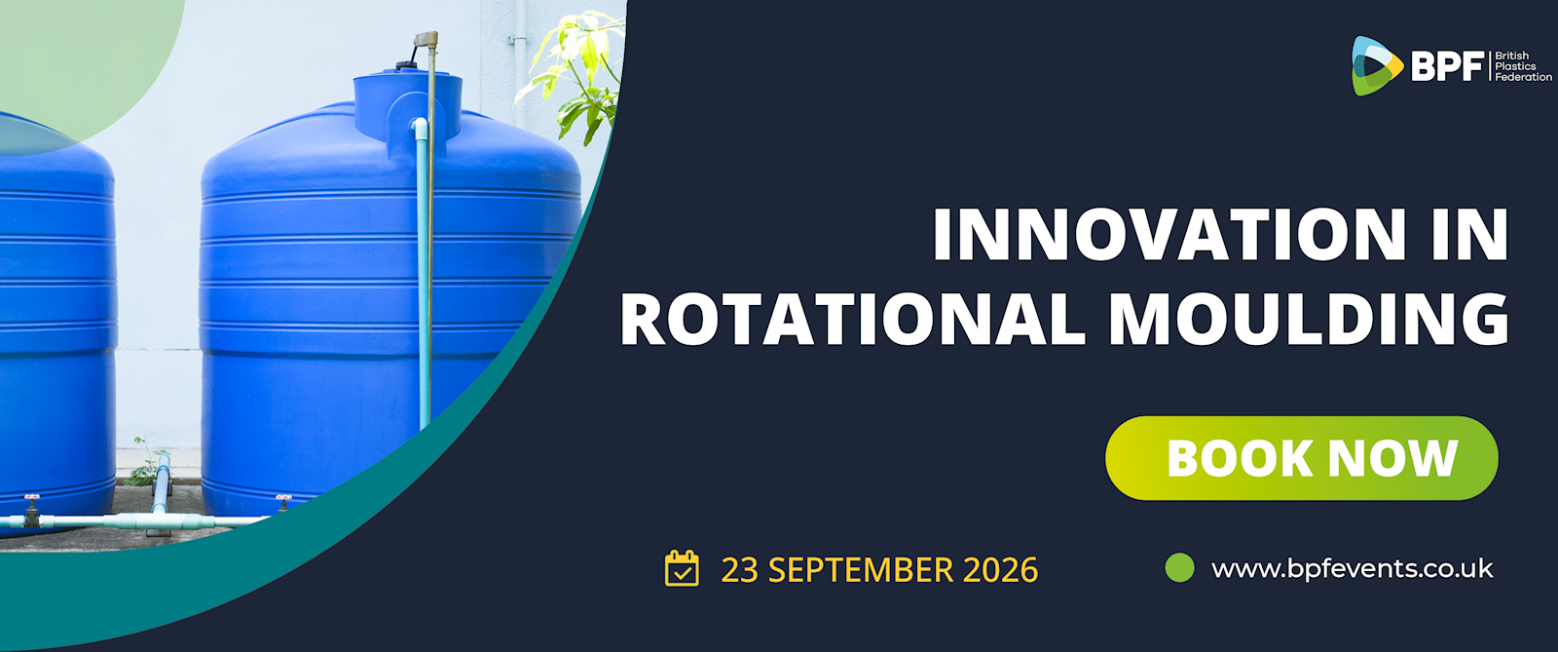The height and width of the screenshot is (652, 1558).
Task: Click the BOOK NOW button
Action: (1301, 458)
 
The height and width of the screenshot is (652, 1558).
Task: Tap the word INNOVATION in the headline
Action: (1169, 235)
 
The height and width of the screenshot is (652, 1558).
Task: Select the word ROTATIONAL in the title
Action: (853, 319)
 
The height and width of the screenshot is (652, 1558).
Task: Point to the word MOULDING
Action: (1309, 319)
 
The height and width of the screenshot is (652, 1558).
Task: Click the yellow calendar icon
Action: (682, 568)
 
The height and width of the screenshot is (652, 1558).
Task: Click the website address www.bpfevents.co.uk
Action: (1353, 568)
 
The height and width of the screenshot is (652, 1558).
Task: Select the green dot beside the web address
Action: (1179, 568)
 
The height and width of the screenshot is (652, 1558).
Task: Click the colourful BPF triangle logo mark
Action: (1375, 66)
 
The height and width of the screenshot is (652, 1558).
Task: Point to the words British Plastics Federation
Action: (1523, 66)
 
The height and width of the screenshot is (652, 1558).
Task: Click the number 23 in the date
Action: (739, 569)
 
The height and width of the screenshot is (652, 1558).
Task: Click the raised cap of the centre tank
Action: (408, 104)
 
